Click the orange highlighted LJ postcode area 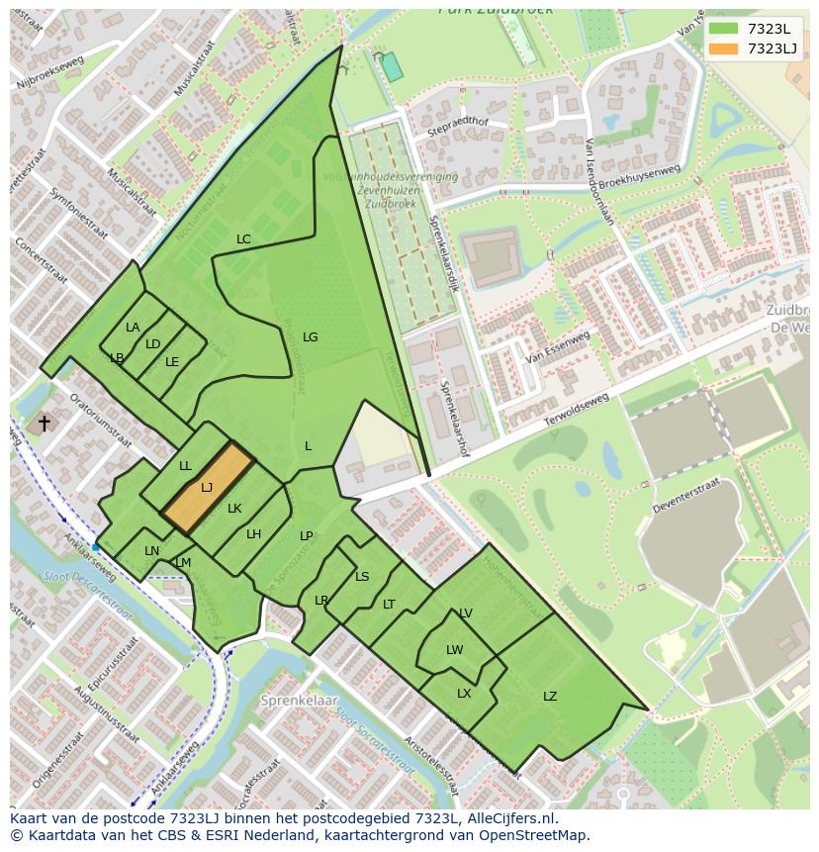tap(209, 487)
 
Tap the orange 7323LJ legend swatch tap(723, 48)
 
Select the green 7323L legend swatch tap(723, 28)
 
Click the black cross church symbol tap(44, 424)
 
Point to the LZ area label tap(550, 697)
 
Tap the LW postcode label tap(454, 650)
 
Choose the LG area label tap(310, 337)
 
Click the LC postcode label tap(243, 239)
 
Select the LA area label tap(133, 328)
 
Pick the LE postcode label tap(172, 362)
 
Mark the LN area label tap(151, 551)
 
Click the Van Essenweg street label tap(558, 346)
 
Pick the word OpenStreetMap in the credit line tap(536, 835)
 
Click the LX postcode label tap(464, 694)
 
